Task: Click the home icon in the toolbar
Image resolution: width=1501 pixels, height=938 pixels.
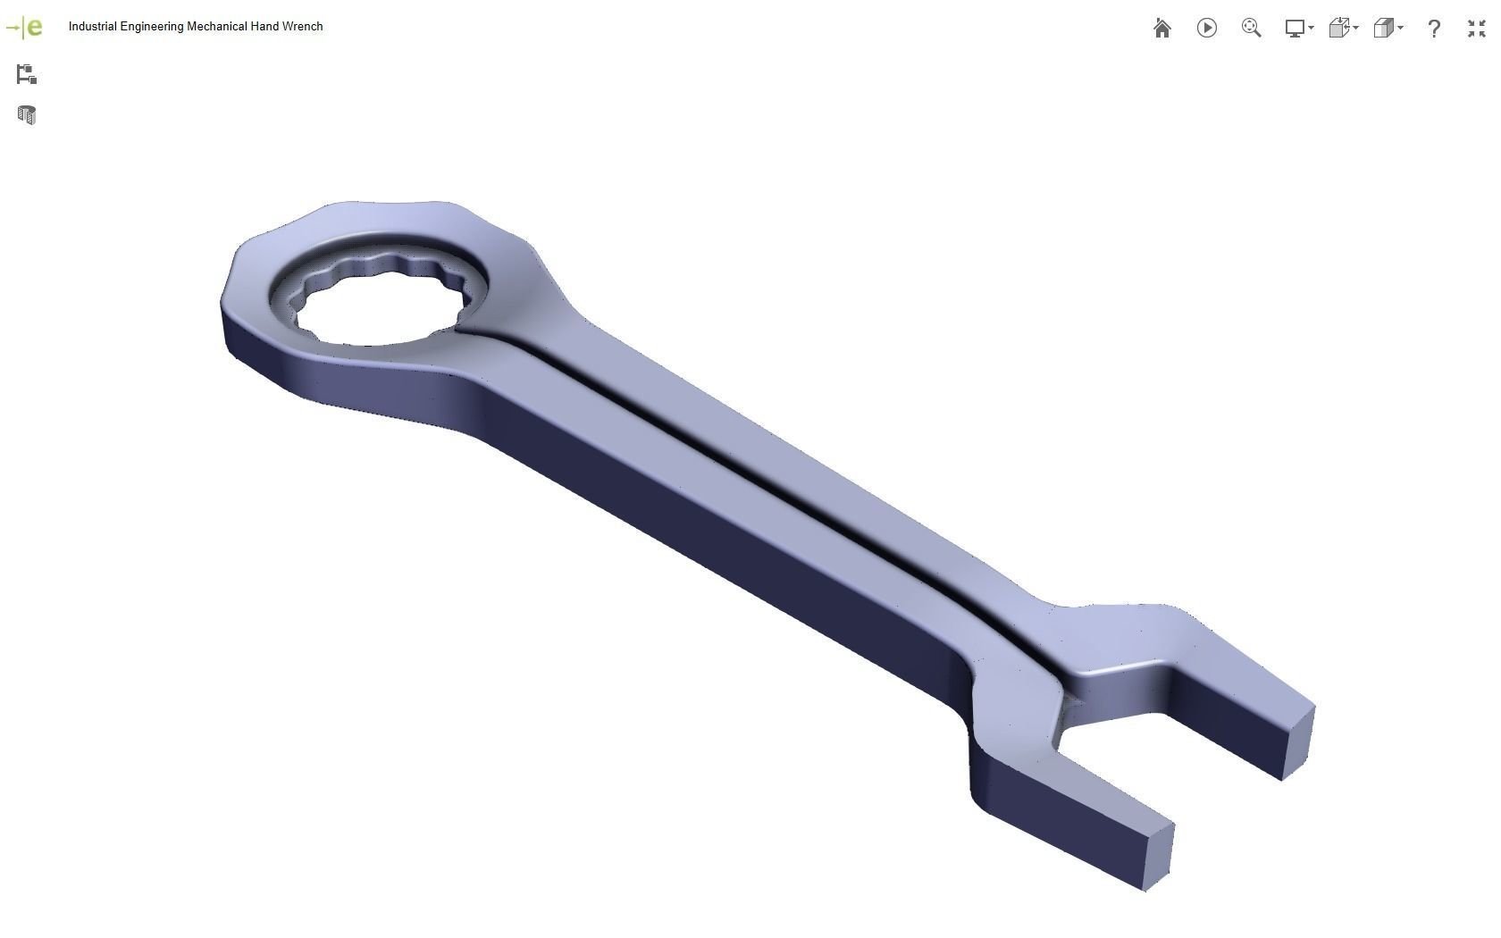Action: [x=1161, y=29]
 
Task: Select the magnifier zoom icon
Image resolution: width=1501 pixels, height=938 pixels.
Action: [x=1251, y=29]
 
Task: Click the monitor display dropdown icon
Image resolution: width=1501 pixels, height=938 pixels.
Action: [x=1297, y=29]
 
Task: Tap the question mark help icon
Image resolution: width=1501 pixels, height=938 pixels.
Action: [x=1433, y=29]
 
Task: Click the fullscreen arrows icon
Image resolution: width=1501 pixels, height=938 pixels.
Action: [x=1476, y=29]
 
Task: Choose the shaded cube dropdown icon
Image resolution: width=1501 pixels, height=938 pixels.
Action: [x=1387, y=29]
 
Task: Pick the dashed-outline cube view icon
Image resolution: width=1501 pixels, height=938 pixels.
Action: [x=1342, y=29]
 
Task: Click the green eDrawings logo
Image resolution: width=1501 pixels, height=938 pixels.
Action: [x=25, y=27]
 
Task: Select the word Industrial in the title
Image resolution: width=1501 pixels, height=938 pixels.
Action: [x=92, y=27]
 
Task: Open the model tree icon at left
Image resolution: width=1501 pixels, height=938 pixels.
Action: [x=26, y=74]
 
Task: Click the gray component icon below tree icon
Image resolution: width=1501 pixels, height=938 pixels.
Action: [x=26, y=114]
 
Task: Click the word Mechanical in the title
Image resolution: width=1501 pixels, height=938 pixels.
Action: [x=216, y=27]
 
